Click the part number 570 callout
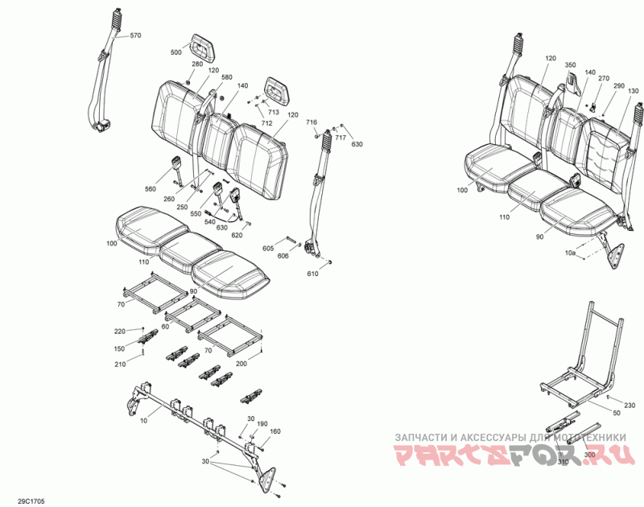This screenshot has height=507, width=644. click(x=135, y=35)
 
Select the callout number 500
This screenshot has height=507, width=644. click(x=175, y=52)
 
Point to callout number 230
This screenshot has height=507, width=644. click(x=630, y=405)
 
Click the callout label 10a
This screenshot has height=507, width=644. click(x=571, y=253)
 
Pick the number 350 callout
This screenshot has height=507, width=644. click(x=571, y=64)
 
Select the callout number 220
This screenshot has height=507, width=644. click(x=119, y=332)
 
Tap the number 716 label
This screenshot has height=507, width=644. click(x=312, y=122)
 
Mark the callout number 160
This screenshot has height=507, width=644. click(x=275, y=432)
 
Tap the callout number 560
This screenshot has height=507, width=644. click(x=151, y=188)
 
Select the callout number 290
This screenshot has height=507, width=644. click(x=618, y=86)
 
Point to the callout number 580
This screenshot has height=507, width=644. click(x=216, y=77)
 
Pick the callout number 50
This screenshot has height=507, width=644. click(x=617, y=413)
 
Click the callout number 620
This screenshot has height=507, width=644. click(x=237, y=235)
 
